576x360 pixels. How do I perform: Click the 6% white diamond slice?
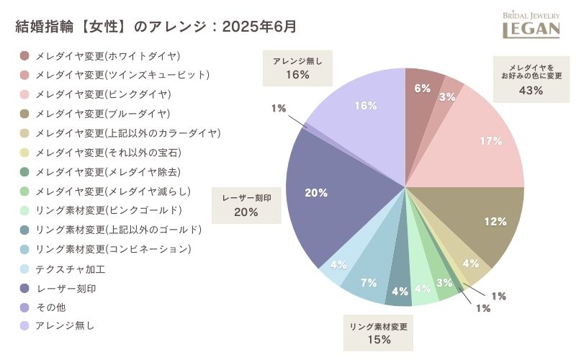pos(421,90)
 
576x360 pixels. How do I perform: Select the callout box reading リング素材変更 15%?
pos(379,333)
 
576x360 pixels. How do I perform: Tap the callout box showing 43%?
pos(531,79)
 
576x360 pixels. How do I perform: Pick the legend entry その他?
pos(50,307)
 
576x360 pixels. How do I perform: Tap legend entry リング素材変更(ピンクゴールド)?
pos(109,210)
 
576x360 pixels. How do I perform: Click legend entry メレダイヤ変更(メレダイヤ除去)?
pos(108,171)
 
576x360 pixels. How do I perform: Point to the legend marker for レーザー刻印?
pos(24,288)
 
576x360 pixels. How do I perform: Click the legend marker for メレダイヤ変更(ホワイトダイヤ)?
pos(24,55)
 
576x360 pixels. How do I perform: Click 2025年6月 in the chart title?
pos(259,26)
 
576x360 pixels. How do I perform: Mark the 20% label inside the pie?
pos(316,193)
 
